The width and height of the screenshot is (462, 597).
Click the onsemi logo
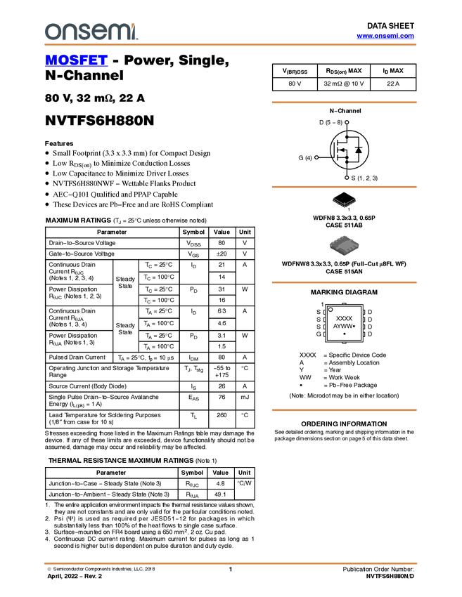pos(91,32)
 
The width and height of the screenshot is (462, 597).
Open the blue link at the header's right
pos(385,36)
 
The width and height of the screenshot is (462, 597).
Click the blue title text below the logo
pos(76,61)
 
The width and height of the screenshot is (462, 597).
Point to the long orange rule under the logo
pos(230,45)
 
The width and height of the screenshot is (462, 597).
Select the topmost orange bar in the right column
pos(344,103)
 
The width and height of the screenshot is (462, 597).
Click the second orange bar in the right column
pos(344,187)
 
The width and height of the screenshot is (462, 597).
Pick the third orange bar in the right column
pos(344,282)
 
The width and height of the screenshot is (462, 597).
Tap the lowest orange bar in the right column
pos(344,410)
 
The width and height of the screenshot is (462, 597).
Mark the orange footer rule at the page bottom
pos(230,563)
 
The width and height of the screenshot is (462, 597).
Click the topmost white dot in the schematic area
pos(347,122)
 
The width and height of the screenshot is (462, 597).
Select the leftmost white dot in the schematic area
pos(316,157)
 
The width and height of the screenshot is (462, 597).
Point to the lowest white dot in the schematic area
pos(347,178)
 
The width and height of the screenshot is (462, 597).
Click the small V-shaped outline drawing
pos(344,203)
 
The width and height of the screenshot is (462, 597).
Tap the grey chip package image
pos(344,246)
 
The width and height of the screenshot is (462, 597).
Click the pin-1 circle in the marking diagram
pos(331,310)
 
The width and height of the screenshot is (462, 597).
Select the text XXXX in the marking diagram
pos(344,319)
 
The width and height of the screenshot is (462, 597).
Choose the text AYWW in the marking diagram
pos(342,327)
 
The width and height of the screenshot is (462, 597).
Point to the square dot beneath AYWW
pos(344,334)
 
